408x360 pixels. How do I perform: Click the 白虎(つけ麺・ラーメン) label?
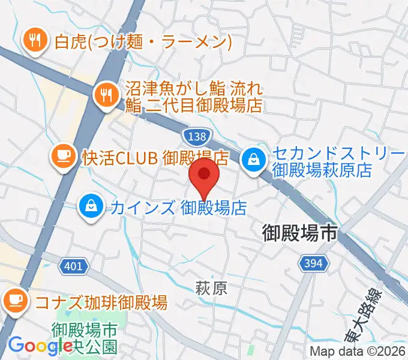pos(143,42)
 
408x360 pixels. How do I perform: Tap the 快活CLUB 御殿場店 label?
pos(155,158)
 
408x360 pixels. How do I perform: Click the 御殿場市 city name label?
pos(300,233)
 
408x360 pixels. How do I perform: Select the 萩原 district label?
pos(211,289)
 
